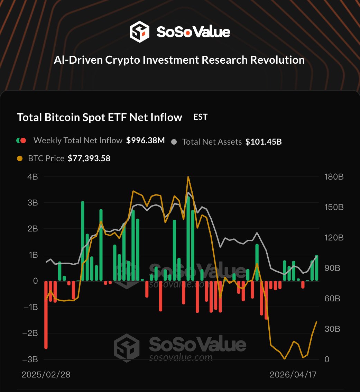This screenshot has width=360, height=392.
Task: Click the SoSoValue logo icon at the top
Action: (x=139, y=32)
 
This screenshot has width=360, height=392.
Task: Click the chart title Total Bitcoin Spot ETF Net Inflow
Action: (x=100, y=117)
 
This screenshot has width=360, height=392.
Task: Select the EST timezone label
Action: (x=200, y=117)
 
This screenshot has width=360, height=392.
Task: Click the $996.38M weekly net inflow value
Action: (x=145, y=140)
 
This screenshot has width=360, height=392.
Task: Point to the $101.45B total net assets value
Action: (x=264, y=142)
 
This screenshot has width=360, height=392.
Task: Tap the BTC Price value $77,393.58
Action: (x=89, y=158)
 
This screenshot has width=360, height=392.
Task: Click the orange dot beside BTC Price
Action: (x=20, y=158)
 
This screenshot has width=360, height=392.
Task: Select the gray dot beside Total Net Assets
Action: (x=174, y=142)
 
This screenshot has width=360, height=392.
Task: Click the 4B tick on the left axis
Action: (x=33, y=177)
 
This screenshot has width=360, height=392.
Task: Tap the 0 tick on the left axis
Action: (x=35, y=281)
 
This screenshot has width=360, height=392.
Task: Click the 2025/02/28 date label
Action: (x=46, y=375)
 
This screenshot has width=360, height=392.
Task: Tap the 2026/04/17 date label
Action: (x=293, y=375)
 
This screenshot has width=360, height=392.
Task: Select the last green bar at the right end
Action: (x=316, y=268)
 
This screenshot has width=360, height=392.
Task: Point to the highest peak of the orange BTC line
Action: (x=188, y=177)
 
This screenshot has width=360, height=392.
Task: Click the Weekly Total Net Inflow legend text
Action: (x=78, y=140)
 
